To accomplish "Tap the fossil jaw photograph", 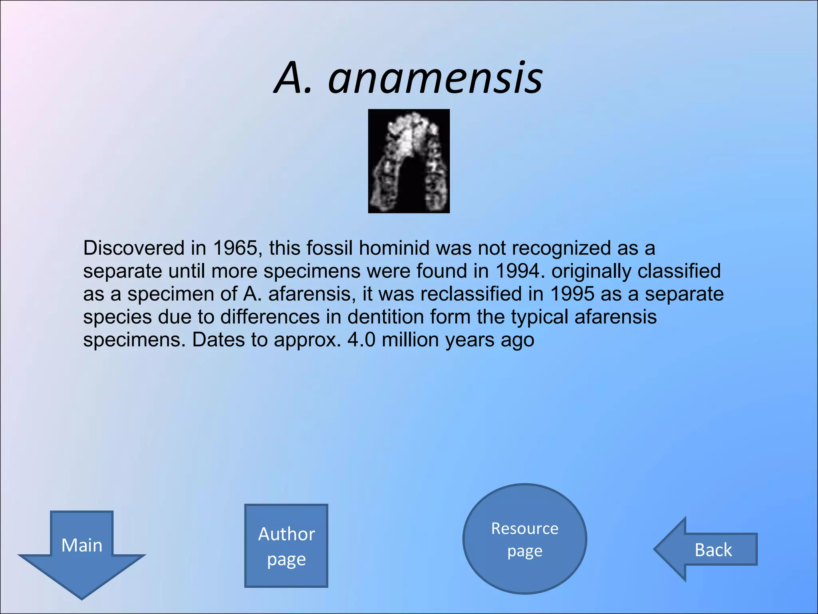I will point(409,161).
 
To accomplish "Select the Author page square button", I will point(286,546).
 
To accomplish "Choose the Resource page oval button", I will point(524,539).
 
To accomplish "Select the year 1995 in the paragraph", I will point(572,294).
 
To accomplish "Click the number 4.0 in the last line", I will point(361,340).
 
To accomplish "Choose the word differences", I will point(270,317).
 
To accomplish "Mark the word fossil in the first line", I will point(330,248).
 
